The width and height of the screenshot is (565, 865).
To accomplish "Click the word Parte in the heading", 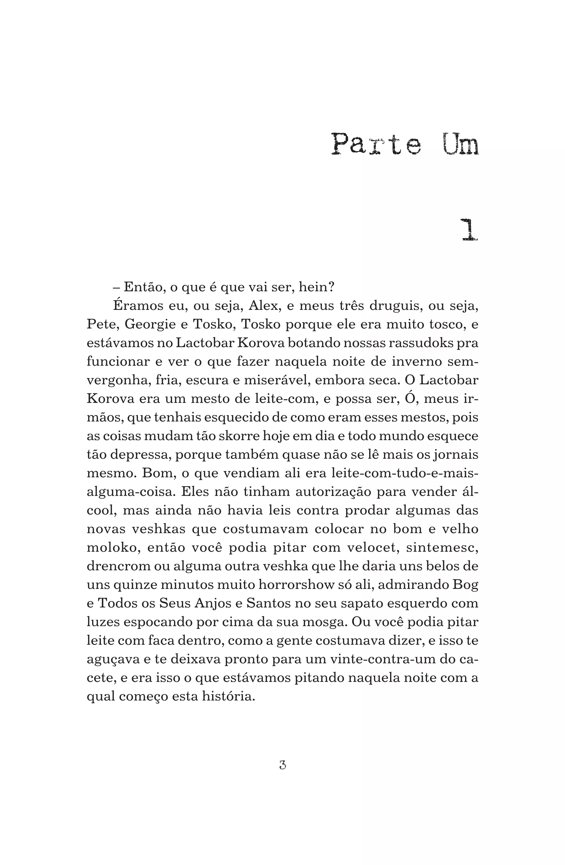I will point(376,144).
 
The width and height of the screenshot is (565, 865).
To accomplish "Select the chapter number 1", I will point(469,230).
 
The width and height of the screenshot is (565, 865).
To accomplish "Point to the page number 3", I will point(282,765).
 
